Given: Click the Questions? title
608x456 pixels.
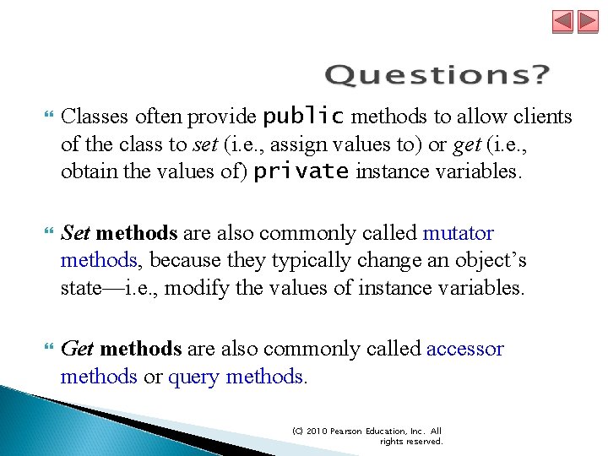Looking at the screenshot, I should (x=437, y=75).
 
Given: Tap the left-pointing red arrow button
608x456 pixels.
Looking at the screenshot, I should (x=563, y=21).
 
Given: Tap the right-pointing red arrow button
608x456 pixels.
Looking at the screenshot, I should (x=588, y=21).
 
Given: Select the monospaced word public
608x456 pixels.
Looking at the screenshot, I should (x=304, y=116).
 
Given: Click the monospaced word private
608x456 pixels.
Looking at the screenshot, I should (x=301, y=171).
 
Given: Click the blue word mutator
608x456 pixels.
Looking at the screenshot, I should (x=459, y=233).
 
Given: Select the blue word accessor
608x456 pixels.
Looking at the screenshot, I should (x=465, y=349).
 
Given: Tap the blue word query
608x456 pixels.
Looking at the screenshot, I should (x=194, y=377).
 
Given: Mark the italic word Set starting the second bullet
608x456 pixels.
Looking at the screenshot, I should (x=76, y=233).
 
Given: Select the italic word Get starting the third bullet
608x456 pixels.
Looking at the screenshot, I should (x=78, y=349).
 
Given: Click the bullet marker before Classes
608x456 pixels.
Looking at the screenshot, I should (x=46, y=117).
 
